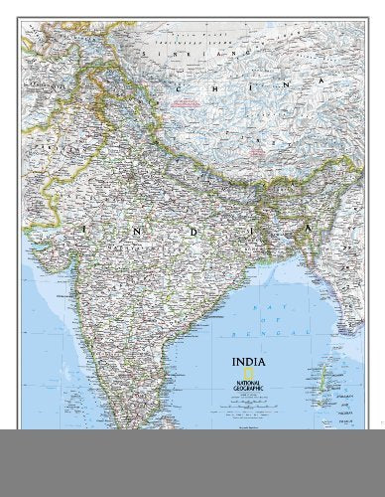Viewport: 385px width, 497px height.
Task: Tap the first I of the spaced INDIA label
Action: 86,231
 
